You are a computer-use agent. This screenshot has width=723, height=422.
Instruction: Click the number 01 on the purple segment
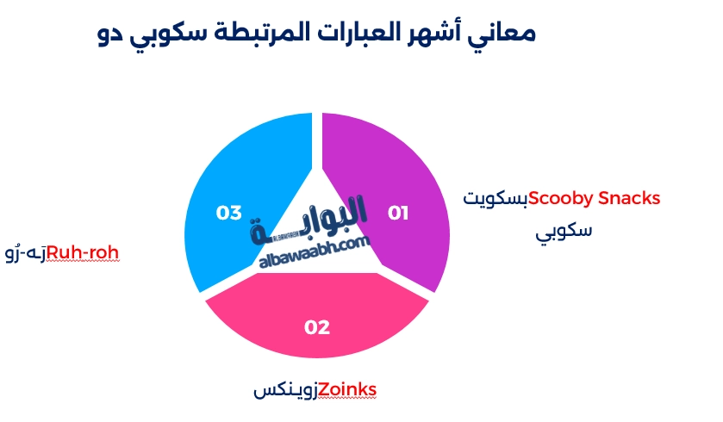pyautogui.click(x=398, y=213)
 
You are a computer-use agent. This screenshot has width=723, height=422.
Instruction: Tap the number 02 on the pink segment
pyautogui.click(x=317, y=327)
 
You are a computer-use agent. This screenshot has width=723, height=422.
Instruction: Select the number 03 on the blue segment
pyautogui.click(x=228, y=213)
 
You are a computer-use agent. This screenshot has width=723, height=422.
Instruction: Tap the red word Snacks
pyautogui.click(x=629, y=198)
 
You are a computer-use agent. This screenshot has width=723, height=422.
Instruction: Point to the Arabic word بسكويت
pyautogui.click(x=496, y=199)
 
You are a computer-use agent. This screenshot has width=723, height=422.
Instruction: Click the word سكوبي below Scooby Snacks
pyautogui.click(x=564, y=231)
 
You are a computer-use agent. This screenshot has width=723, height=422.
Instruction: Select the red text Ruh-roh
pyautogui.click(x=83, y=252)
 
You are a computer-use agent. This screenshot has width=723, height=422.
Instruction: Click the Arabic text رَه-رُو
pyautogui.click(x=26, y=253)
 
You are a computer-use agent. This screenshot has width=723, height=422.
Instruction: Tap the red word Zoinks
pyautogui.click(x=347, y=390)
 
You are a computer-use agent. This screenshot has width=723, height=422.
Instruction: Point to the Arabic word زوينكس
pyautogui.click(x=286, y=391)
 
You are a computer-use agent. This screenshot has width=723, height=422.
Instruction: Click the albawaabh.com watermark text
pyautogui.click(x=315, y=252)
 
